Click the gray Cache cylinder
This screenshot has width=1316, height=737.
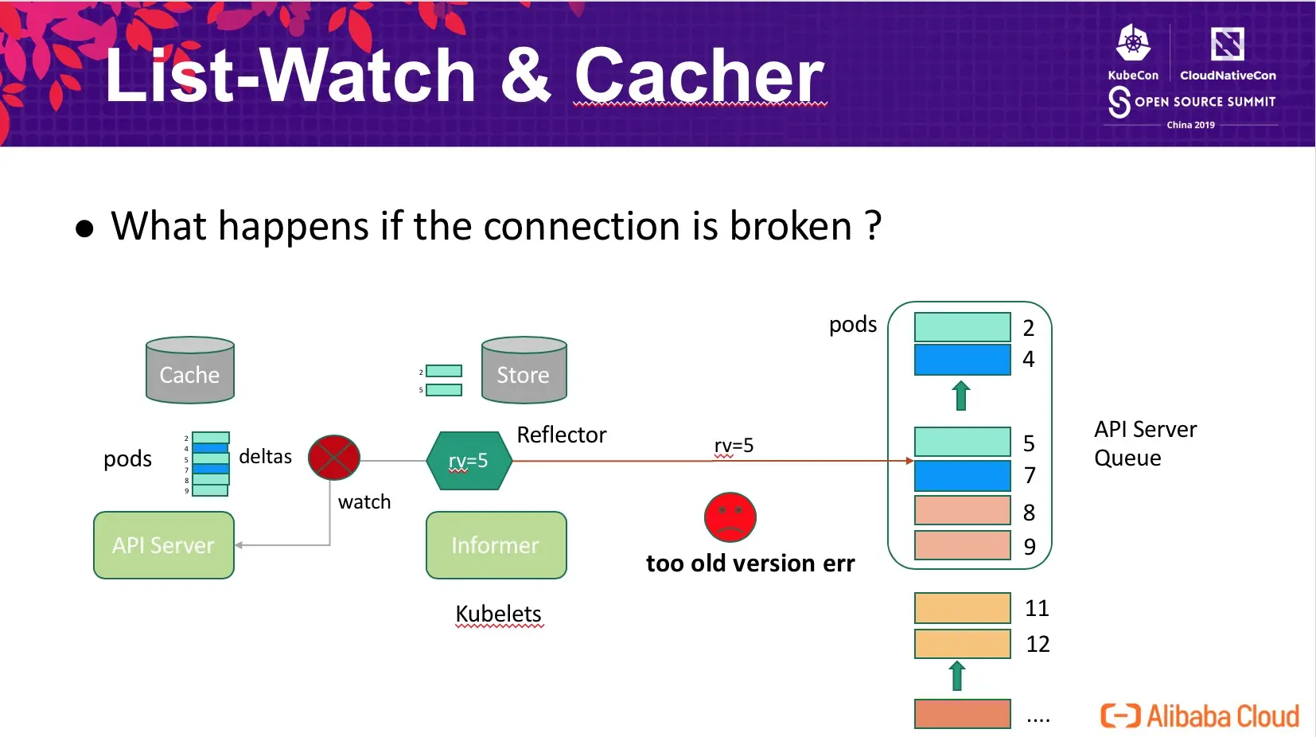click(190, 369)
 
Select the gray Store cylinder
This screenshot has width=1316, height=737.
click(524, 369)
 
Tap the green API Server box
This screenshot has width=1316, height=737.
click(164, 545)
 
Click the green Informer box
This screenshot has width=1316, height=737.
click(496, 545)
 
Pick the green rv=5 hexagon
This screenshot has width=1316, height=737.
click(469, 461)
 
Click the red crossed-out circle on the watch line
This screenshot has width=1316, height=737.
click(334, 458)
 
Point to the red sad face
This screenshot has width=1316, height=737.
click(730, 517)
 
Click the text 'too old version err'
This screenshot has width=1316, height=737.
click(750, 563)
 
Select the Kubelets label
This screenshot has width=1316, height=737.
click(498, 614)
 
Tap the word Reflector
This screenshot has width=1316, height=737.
click(561, 435)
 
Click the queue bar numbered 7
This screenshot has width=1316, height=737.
click(962, 475)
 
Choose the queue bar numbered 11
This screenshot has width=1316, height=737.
click(962, 608)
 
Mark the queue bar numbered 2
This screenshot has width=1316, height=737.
click(962, 327)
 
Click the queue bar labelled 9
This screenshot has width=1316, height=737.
click(962, 545)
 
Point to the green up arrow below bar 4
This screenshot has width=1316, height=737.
click(961, 396)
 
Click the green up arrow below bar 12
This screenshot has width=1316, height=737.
click(957, 675)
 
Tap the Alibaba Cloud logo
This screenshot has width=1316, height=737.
click(1200, 716)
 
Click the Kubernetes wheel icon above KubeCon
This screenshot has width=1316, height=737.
click(1133, 42)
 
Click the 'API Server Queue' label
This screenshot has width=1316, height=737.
click(1145, 443)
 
